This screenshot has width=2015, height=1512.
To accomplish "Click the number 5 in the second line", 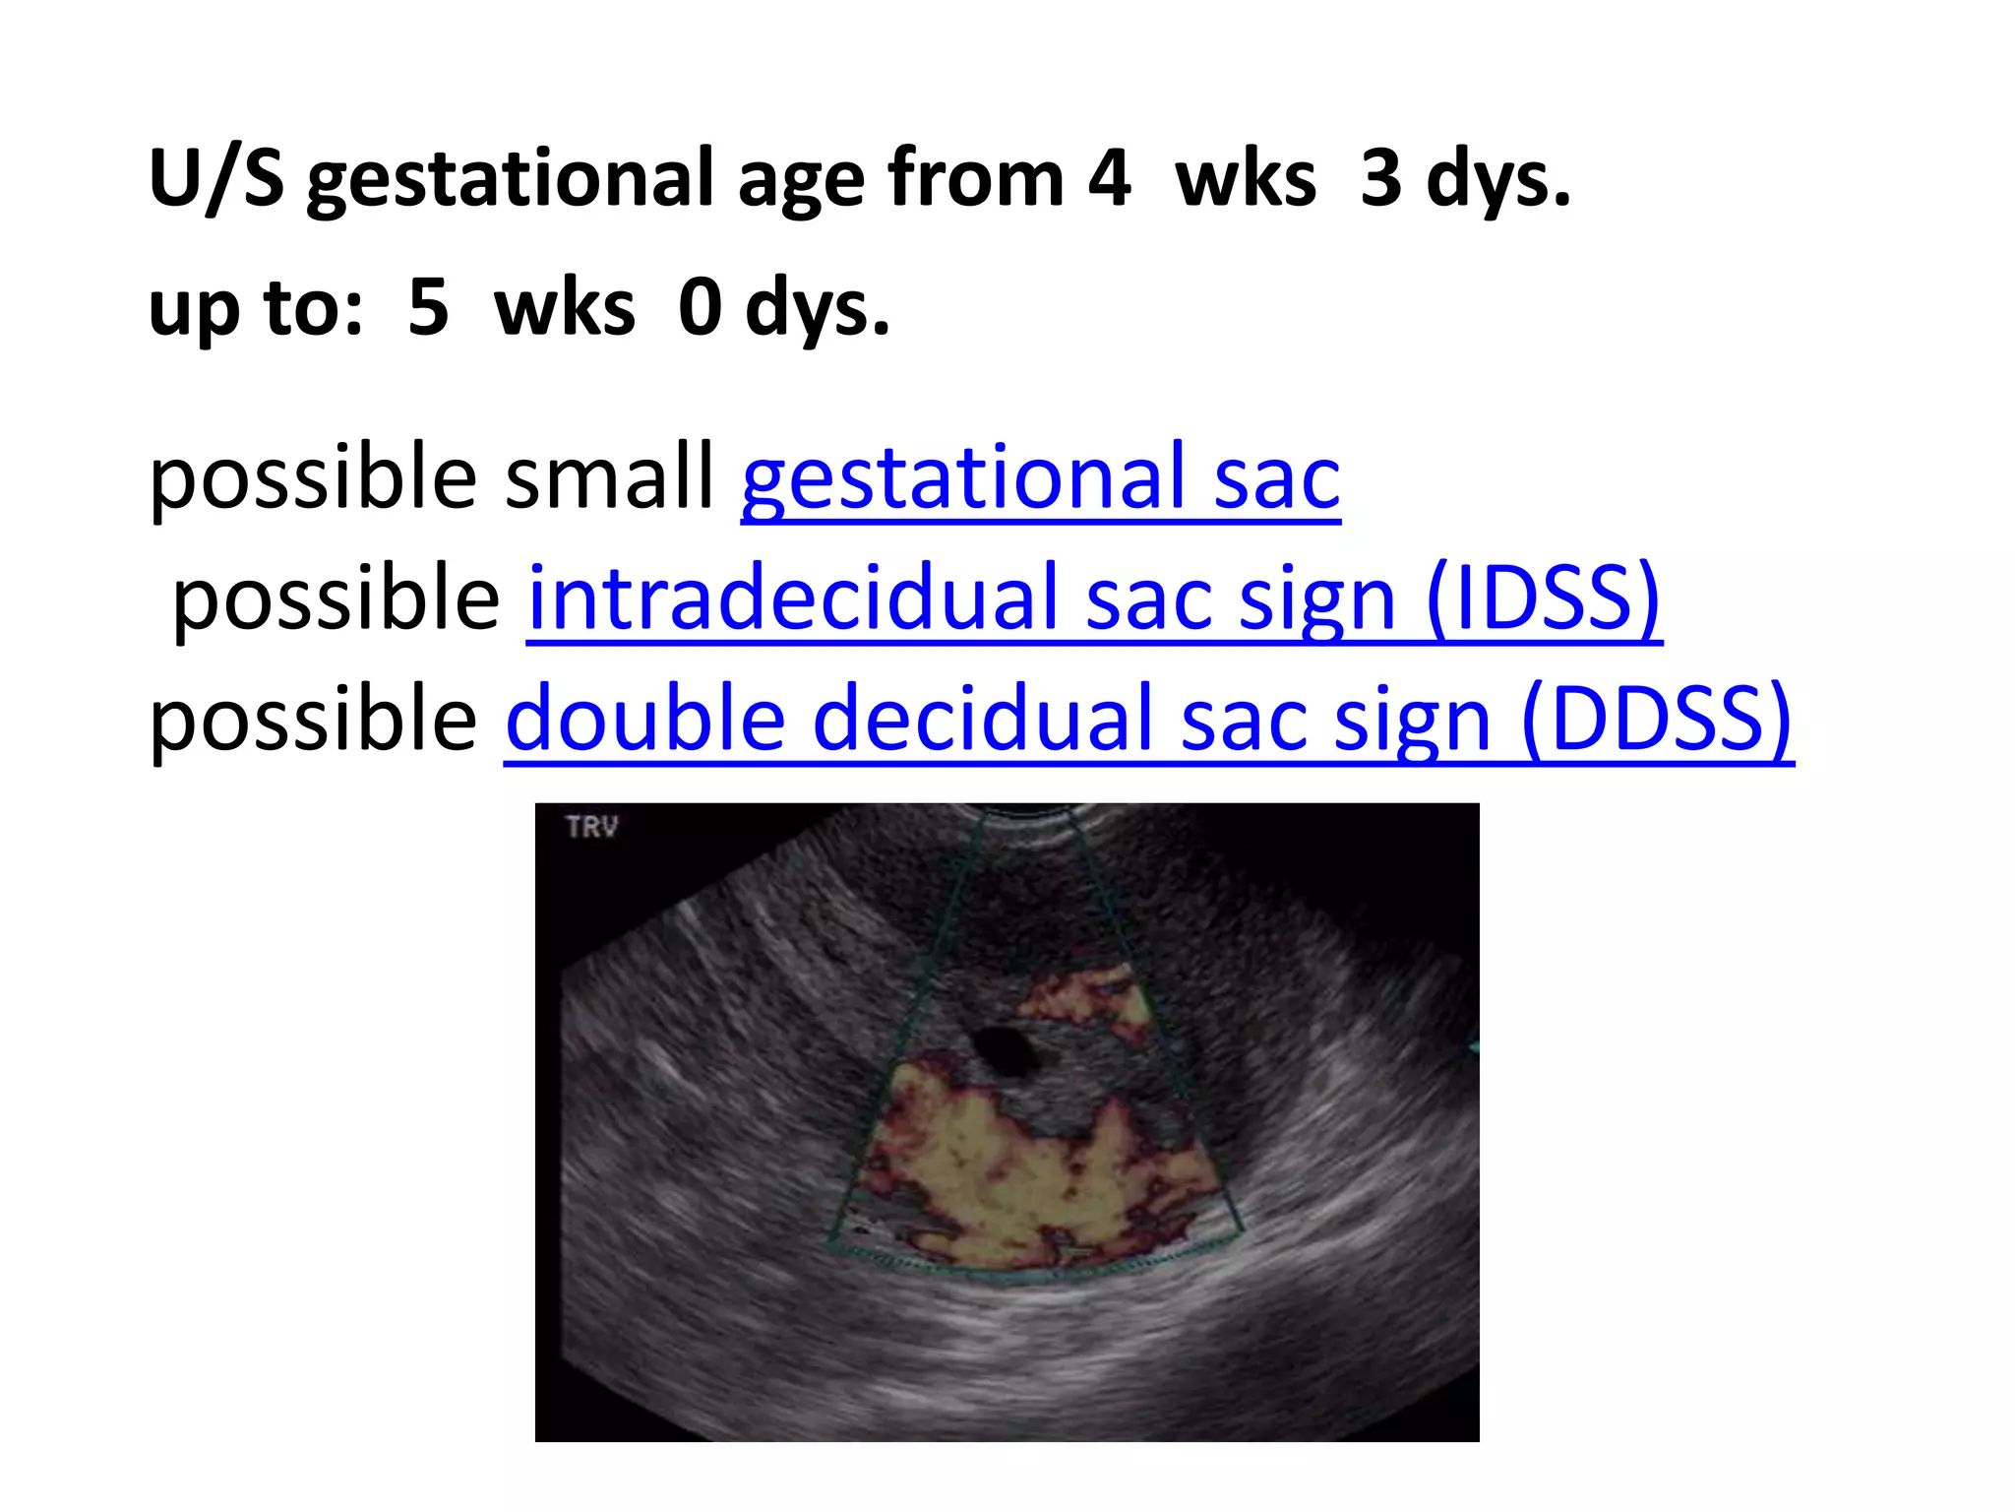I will coord(428,307).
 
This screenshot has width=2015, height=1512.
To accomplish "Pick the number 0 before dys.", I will coord(700,307).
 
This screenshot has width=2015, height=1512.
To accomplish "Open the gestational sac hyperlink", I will coord(1040,477).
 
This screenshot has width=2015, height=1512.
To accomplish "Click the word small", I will coord(608,477).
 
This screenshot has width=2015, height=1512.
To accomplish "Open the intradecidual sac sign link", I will coord(961,598).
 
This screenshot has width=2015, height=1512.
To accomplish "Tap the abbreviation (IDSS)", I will coord(1542,598).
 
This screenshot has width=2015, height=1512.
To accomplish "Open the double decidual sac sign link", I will coord(998,720).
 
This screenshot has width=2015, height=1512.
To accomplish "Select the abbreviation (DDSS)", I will coord(1656,720).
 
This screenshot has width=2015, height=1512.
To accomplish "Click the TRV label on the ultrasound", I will coord(591,827).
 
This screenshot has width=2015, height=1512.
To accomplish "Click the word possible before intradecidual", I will coord(336,598).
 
